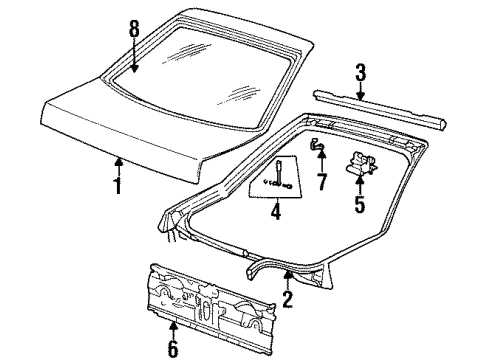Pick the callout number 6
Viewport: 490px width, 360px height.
pyautogui.click(x=173, y=349)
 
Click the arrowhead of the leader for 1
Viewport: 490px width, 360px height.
pyautogui.click(x=118, y=156)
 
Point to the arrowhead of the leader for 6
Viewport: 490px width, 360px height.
pyautogui.click(x=173, y=323)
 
